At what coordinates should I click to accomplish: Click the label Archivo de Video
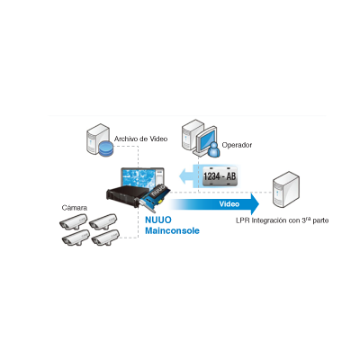[x=140, y=139]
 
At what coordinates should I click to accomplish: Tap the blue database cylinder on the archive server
[x=106, y=148]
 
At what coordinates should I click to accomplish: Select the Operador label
[x=237, y=145]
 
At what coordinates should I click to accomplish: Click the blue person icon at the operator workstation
[x=214, y=148]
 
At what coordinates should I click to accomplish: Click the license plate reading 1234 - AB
[x=220, y=175]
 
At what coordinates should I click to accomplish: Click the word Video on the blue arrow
[x=229, y=204]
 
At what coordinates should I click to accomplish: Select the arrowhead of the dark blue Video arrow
[x=255, y=204]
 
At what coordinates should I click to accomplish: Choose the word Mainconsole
[x=172, y=230]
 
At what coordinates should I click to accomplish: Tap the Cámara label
[x=75, y=208]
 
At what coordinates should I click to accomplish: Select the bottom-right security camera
[x=105, y=238]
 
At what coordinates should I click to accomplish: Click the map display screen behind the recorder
[x=142, y=178]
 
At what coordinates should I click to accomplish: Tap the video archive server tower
[x=97, y=139]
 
